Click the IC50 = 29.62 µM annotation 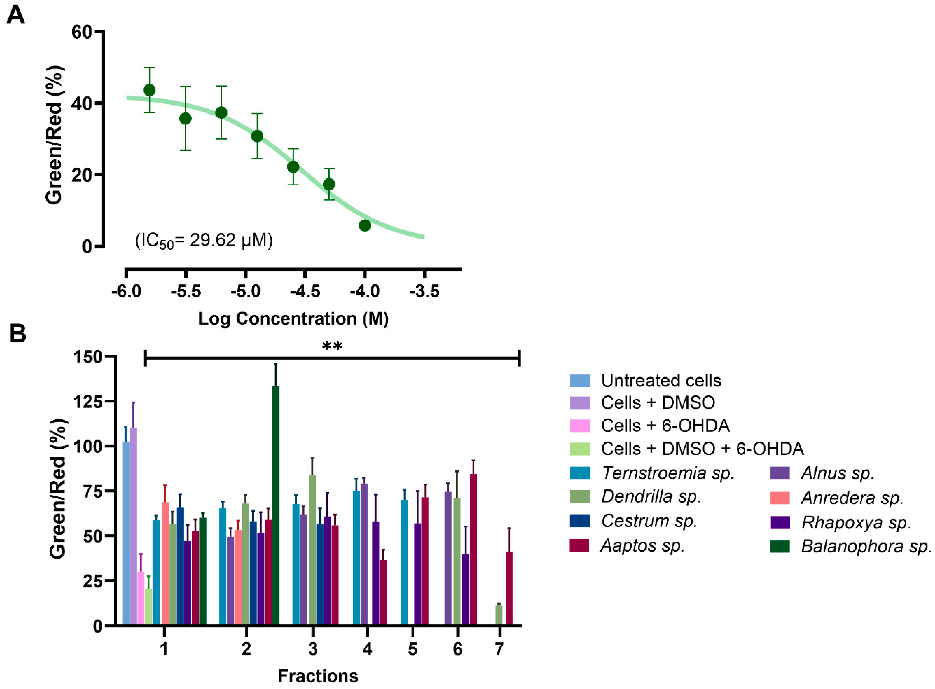point(204,241)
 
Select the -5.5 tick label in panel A point(186,291)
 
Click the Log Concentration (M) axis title point(293,319)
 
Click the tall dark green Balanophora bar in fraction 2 point(276,505)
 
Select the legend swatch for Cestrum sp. point(579,521)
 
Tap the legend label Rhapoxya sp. point(856,523)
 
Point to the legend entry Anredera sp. point(851,498)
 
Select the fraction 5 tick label point(412,649)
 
